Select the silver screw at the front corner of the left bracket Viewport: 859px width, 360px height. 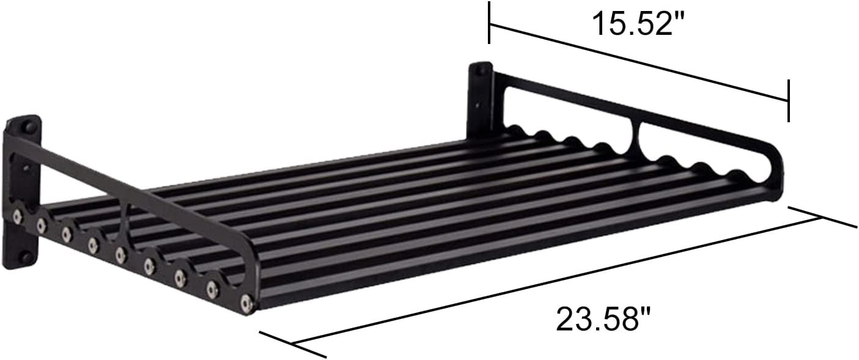click(x=246, y=302)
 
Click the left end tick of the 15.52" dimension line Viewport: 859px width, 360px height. click(x=488, y=23)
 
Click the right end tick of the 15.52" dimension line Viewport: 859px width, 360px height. click(x=789, y=101)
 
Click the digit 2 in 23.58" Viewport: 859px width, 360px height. click(x=566, y=319)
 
